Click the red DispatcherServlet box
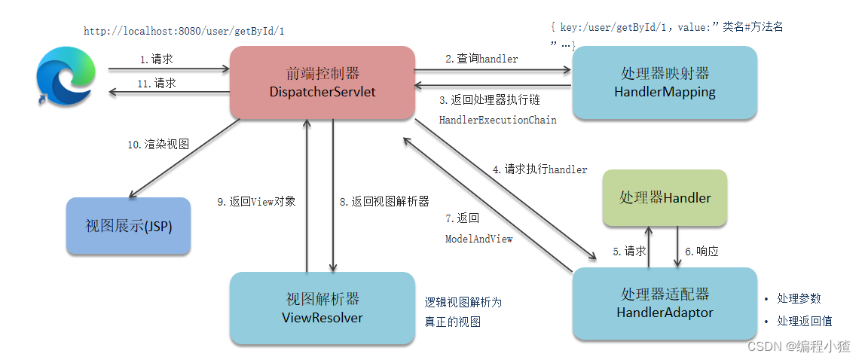(x=322, y=82)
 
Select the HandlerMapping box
(x=665, y=83)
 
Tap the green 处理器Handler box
(x=665, y=197)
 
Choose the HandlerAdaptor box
(x=665, y=303)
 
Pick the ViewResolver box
(x=322, y=309)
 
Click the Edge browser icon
(x=66, y=75)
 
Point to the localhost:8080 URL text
(x=184, y=32)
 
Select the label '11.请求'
(x=156, y=84)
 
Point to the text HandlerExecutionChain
(x=497, y=120)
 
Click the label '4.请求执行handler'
(x=540, y=169)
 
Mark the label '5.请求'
(x=628, y=252)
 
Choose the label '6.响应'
(x=701, y=252)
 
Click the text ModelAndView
(x=478, y=239)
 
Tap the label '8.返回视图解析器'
(x=384, y=202)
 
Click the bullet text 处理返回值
(x=804, y=321)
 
